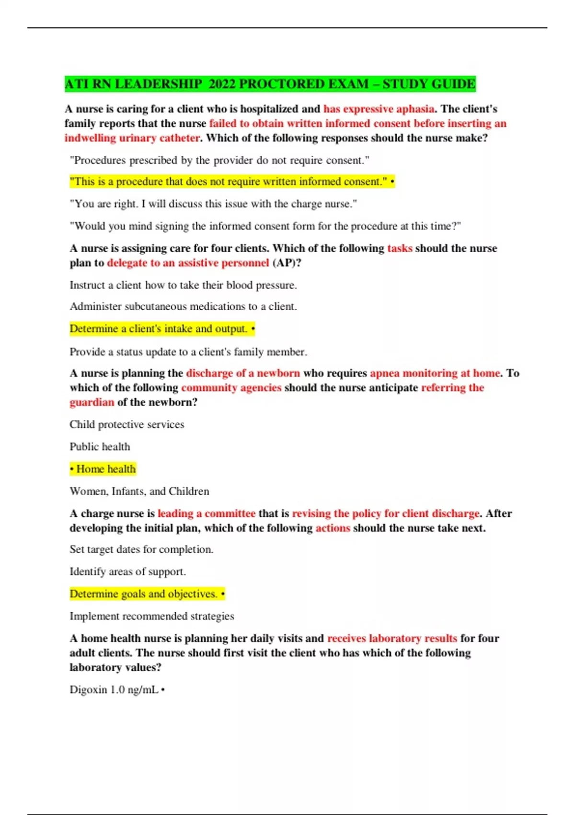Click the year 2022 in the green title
point(222,84)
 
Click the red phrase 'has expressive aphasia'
point(379,109)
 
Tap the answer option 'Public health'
point(100,446)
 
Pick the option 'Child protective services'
point(126,424)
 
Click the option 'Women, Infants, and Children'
point(139,491)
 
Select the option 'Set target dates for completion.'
point(141,549)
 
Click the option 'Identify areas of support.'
point(127,571)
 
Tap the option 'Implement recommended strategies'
point(151,616)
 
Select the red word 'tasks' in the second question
point(400,248)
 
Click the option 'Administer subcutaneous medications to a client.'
point(183,306)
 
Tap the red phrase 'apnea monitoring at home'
point(435,373)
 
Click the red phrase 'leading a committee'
point(206,513)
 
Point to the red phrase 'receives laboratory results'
point(392,638)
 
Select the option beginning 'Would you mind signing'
point(265,226)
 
